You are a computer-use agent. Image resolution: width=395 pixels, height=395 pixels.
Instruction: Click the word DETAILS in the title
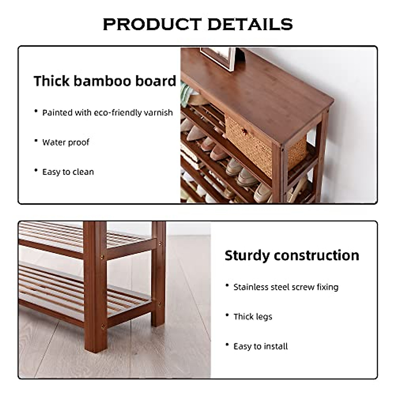click(250, 24)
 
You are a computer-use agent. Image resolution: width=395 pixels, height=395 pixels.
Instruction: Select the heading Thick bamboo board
click(105, 81)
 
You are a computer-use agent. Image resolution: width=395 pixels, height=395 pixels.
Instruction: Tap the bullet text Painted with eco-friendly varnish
click(107, 113)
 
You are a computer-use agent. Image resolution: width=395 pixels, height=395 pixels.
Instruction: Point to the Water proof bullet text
click(66, 142)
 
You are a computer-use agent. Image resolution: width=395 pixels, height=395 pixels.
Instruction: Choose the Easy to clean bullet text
click(68, 172)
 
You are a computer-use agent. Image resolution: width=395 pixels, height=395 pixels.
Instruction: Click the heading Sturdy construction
click(292, 255)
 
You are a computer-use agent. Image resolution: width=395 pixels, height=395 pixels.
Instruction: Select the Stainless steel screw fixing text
click(286, 287)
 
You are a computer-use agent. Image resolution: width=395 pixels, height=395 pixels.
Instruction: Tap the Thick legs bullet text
click(253, 317)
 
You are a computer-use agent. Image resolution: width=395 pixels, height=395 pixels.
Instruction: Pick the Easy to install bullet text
click(260, 346)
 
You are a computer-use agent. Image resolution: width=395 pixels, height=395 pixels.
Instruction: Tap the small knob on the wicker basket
click(244, 131)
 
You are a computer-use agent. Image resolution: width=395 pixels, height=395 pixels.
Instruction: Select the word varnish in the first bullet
click(159, 113)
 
